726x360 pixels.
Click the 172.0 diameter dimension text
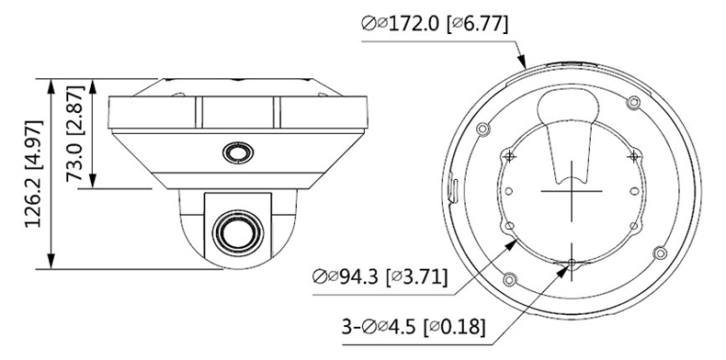coord(435,24)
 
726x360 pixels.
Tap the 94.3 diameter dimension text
coord(380,277)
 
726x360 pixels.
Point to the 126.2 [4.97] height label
coord(33,174)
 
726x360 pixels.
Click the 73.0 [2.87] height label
coord(75,134)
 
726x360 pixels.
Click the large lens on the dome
coord(237,231)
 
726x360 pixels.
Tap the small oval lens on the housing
coord(238,152)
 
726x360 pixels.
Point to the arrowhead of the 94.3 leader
coord(510,245)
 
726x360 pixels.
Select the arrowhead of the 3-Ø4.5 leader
coord(562,271)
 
